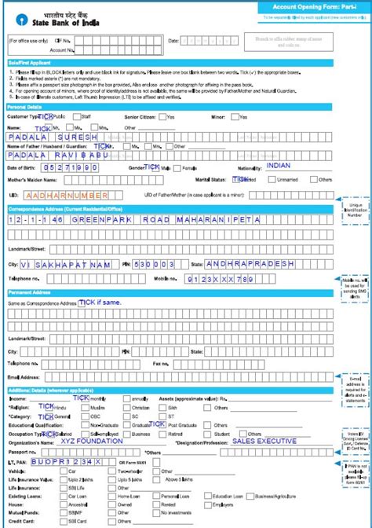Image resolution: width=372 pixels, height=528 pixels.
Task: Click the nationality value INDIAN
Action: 278,166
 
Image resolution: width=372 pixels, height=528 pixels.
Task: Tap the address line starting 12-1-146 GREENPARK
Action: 133,219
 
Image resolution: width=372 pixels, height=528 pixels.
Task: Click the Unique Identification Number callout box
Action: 355,210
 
